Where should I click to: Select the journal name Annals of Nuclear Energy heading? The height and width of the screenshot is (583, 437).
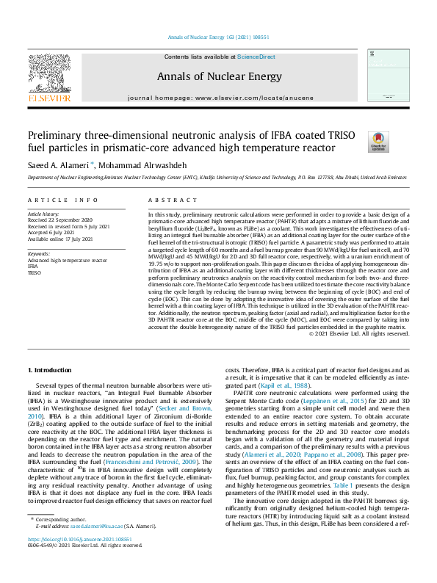(x=218, y=76)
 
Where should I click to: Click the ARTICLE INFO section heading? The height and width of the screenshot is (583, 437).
(x=62, y=200)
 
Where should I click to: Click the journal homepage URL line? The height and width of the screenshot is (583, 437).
(x=218, y=98)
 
